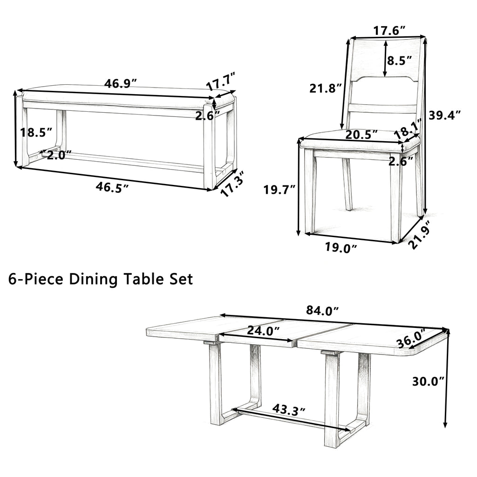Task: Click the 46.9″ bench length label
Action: pyautogui.click(x=121, y=83)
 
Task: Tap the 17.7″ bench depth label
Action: pyautogui.click(x=221, y=82)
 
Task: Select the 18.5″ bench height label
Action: pyautogui.click(x=36, y=133)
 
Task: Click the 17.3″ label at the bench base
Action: pyautogui.click(x=232, y=183)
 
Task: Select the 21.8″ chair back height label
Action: pyautogui.click(x=326, y=88)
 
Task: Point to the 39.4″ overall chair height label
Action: pyautogui.click(x=444, y=115)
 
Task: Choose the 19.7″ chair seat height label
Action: pyautogui.click(x=279, y=190)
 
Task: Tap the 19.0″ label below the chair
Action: pyautogui.click(x=341, y=248)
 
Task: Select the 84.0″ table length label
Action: pyautogui.click(x=322, y=310)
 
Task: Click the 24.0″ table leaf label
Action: pyautogui.click(x=264, y=330)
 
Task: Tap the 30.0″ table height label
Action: pyautogui.click(x=429, y=381)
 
